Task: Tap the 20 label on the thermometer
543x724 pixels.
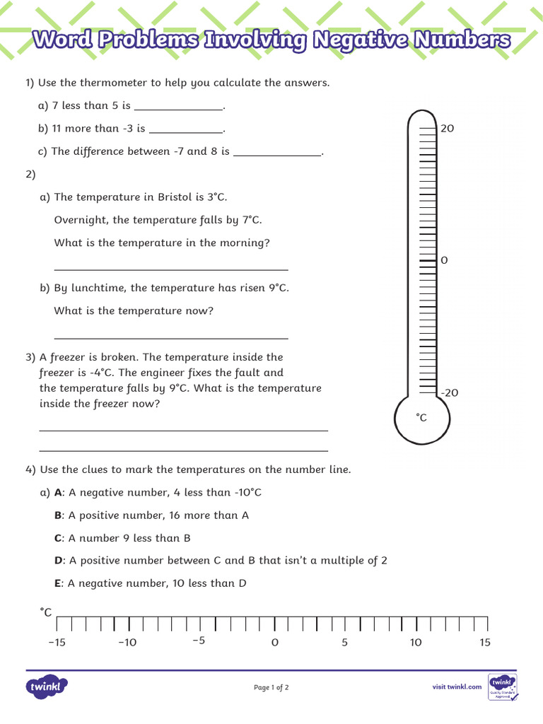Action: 447,129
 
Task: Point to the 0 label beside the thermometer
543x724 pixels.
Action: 444,261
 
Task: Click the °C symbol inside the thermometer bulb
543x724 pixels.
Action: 421,418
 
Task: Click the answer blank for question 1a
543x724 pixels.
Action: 178,107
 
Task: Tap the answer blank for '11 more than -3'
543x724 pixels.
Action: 186,129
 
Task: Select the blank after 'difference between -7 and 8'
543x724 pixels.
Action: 276,152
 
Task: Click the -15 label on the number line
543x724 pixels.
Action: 57,643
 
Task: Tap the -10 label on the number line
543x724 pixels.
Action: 127,643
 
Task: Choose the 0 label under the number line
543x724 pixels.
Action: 275,643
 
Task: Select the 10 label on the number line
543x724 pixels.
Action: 416,643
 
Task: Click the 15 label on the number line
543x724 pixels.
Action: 484,643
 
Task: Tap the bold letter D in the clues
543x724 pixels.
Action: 59,561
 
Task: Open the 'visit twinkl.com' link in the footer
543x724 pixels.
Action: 457,687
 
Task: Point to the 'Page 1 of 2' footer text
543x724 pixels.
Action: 271,687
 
